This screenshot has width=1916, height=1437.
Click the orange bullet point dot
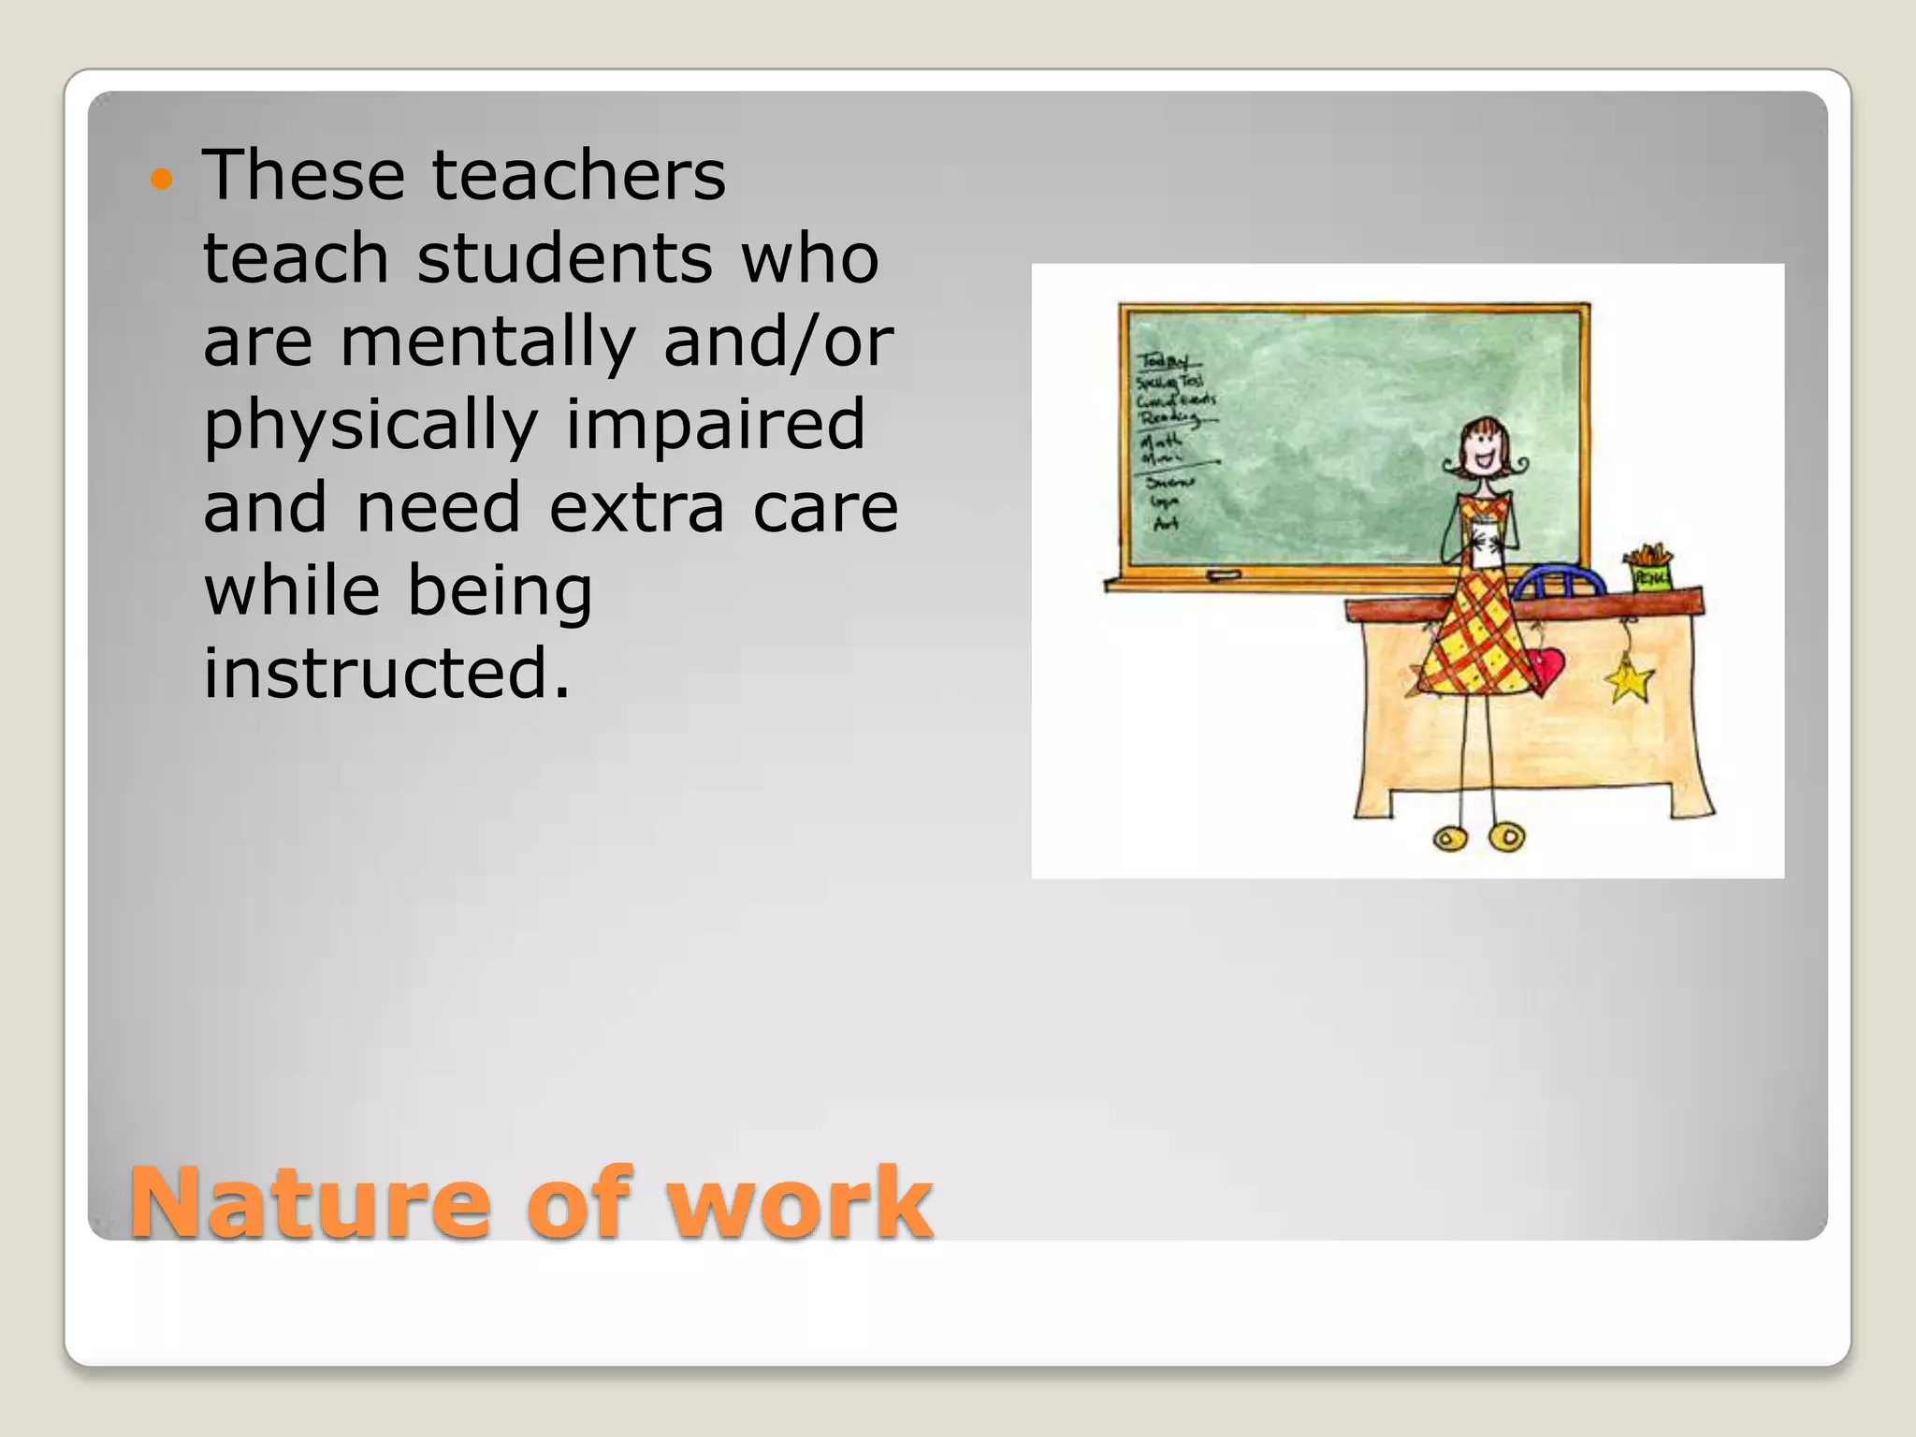pyautogui.click(x=162, y=179)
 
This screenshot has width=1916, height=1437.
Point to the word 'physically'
pyautogui.click(x=370, y=425)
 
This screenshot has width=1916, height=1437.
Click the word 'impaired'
pyautogui.click(x=715, y=423)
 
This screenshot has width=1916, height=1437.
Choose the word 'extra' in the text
pyautogui.click(x=636, y=507)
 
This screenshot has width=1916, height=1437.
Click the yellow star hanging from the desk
pyautogui.click(x=1630, y=681)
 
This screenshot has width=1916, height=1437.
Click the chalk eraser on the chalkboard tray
pyautogui.click(x=1223, y=574)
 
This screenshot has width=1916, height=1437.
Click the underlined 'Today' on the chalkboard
pyautogui.click(x=1164, y=361)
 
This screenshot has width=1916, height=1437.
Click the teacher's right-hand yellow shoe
pyautogui.click(x=1506, y=835)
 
